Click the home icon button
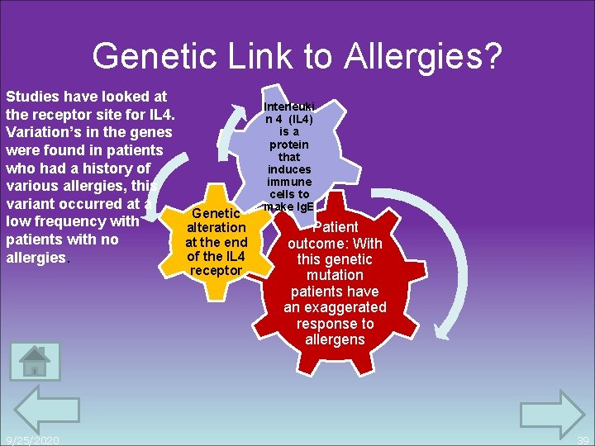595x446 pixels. pyautogui.click(x=35, y=361)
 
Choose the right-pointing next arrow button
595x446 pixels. pyautogui.click(x=551, y=413)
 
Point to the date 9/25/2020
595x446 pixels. pyautogui.click(x=31, y=440)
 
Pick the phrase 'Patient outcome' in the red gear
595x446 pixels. pyautogui.click(x=335, y=235)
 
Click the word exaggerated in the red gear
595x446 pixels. pyautogui.click(x=335, y=307)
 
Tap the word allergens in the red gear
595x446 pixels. pyautogui.click(x=335, y=339)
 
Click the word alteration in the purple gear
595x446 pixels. pyautogui.click(x=217, y=227)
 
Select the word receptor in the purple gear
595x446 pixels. pyautogui.click(x=217, y=270)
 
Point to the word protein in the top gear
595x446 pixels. pyautogui.click(x=289, y=144)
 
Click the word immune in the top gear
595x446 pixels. pyautogui.click(x=289, y=182)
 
